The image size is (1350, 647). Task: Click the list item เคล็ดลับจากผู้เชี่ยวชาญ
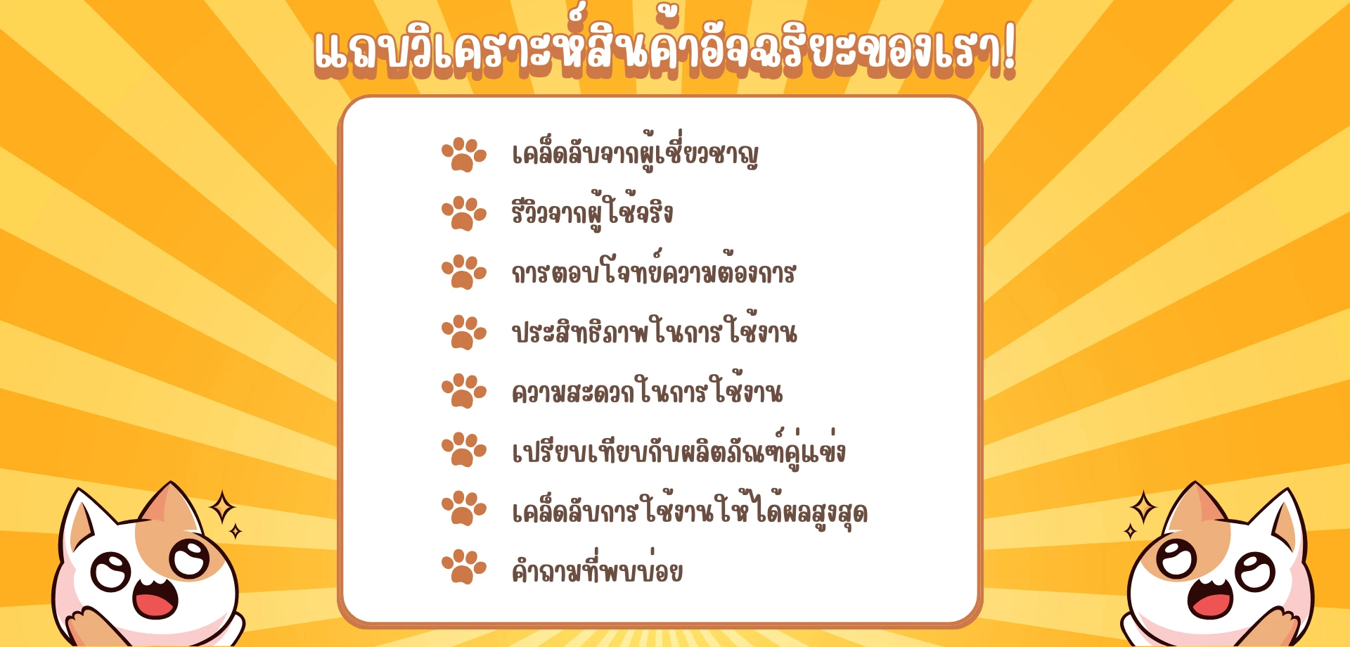point(635,150)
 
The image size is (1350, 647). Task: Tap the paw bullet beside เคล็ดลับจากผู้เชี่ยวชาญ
point(464,155)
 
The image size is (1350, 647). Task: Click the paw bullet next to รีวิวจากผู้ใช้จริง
point(464,214)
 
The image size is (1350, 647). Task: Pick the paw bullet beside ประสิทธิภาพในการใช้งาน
point(464,332)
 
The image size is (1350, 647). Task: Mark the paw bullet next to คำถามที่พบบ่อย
point(464,567)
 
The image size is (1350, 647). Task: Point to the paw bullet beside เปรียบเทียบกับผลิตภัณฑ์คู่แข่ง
point(464,449)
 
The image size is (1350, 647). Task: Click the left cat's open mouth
point(155,599)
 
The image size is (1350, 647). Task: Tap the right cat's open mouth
point(1209,599)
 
